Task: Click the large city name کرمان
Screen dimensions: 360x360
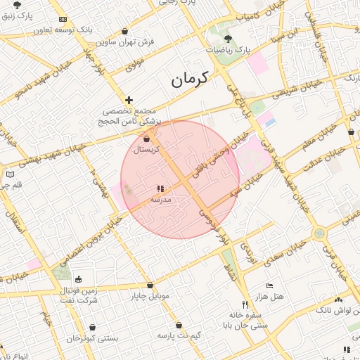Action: point(191,79)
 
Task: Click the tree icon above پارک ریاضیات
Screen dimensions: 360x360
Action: point(226,39)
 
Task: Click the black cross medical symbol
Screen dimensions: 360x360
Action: point(129,101)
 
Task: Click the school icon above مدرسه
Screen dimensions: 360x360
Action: point(160,188)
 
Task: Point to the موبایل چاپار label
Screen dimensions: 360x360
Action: point(150,296)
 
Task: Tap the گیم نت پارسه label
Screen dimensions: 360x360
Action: point(179,335)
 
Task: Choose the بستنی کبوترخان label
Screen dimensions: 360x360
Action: point(93,339)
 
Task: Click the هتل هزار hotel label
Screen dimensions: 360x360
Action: point(269,297)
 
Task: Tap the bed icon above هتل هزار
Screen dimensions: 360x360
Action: point(269,286)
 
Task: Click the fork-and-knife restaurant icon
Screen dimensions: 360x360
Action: point(245,304)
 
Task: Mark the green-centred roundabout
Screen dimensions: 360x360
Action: point(320,233)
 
